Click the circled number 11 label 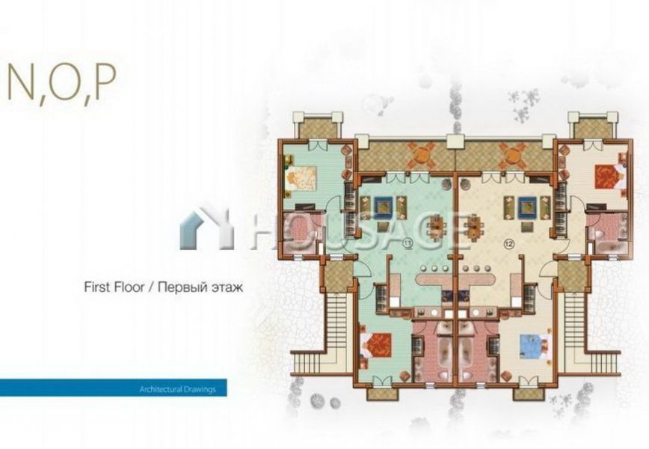pos(407,244)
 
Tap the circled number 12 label pos(508,244)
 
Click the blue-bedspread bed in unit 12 pos(534,346)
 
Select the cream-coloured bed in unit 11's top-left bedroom pos(301,179)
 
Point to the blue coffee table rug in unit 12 pos(527,204)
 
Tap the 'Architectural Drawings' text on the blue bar pos(177,389)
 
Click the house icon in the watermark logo pos(204,227)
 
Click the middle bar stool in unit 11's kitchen pos(434,268)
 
